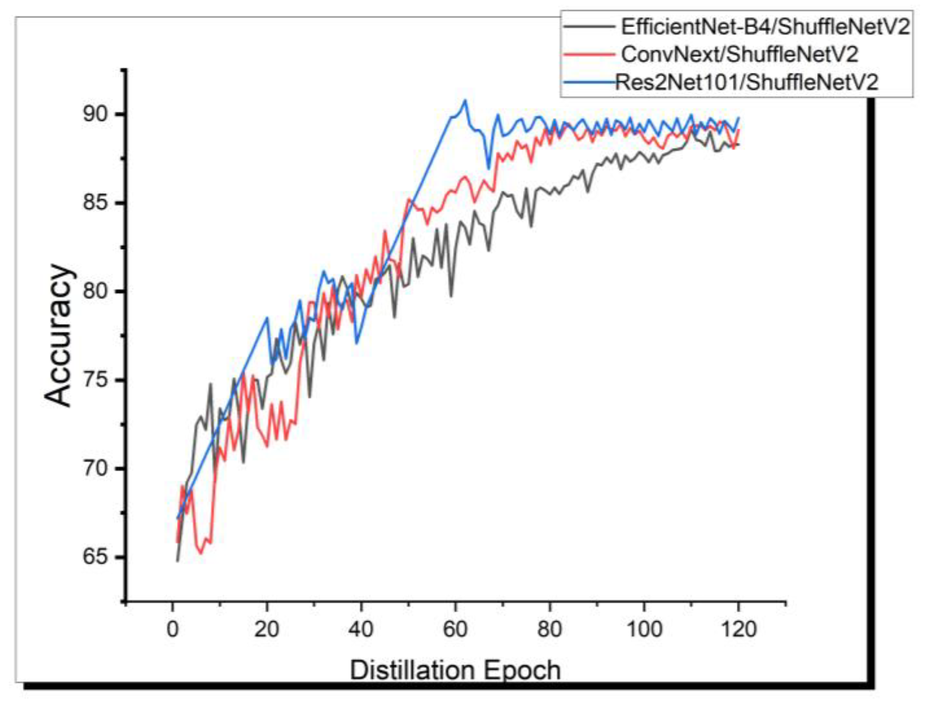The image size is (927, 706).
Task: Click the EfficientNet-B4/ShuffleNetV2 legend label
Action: tap(765, 27)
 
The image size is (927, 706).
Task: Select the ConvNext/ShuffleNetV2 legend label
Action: tap(739, 54)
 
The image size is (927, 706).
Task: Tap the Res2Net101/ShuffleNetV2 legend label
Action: tap(746, 82)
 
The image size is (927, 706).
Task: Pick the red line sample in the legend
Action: tap(589, 54)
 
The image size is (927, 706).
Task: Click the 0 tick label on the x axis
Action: tap(173, 630)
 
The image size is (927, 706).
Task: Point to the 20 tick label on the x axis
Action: tap(267, 630)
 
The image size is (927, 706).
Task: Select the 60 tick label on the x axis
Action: tap(455, 630)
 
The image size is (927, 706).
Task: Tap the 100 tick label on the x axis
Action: tap(644, 630)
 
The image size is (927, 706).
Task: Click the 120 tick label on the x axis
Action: tap(738, 630)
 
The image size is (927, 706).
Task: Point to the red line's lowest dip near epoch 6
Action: tap(201, 553)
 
